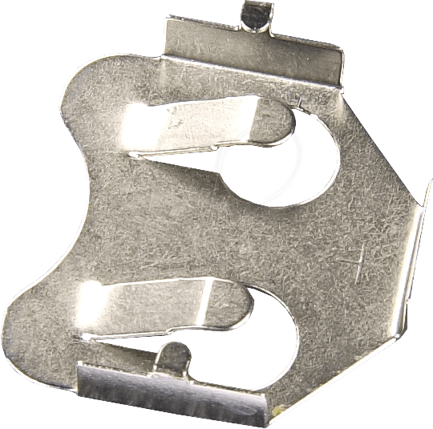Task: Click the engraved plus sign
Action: pyautogui.click(x=354, y=261)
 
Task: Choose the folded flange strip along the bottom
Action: pyautogui.click(x=176, y=393)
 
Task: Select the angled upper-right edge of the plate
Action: pyautogui.click(x=377, y=128)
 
